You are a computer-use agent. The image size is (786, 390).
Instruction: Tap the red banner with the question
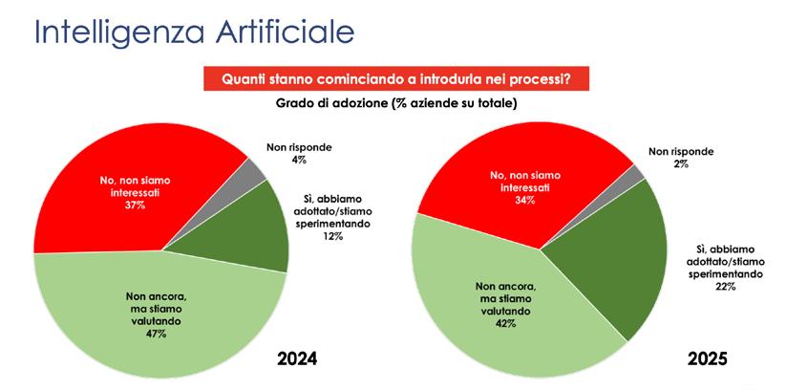click(396, 78)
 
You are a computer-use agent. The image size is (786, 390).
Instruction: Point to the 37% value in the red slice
click(136, 205)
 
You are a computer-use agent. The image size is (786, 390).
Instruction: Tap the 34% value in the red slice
click(526, 201)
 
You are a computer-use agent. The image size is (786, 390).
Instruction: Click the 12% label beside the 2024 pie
click(333, 236)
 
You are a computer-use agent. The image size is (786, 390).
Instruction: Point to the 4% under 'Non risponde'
click(300, 161)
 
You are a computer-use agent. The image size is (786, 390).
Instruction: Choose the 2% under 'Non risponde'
click(681, 163)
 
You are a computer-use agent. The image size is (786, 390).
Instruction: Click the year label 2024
click(298, 358)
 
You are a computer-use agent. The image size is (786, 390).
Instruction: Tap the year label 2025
click(707, 358)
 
